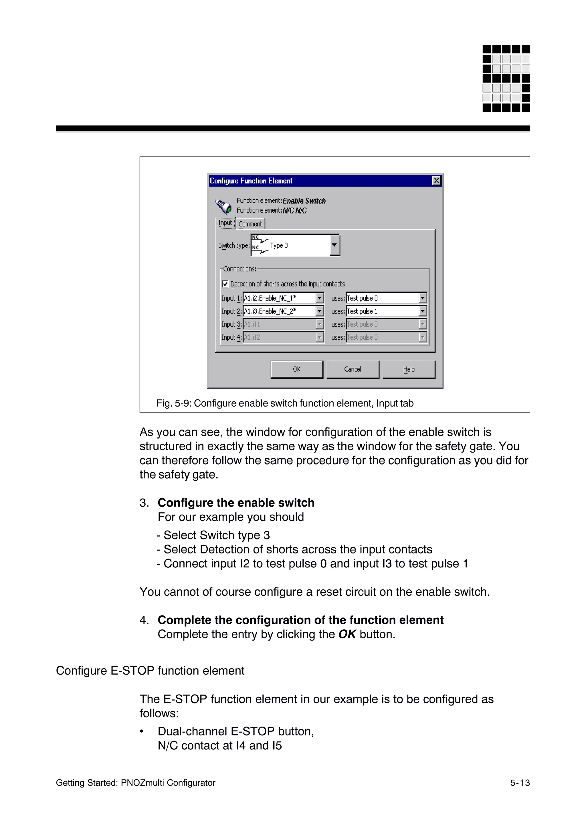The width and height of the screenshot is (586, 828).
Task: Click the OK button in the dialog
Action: [296, 369]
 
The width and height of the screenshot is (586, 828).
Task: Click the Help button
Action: [409, 369]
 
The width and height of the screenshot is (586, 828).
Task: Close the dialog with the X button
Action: [436, 181]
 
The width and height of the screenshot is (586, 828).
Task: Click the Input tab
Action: [225, 223]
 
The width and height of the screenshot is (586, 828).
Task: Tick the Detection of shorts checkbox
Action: [225, 284]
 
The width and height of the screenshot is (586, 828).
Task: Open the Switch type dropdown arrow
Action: [334, 245]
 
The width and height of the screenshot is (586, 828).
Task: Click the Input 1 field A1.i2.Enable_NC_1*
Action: [278, 298]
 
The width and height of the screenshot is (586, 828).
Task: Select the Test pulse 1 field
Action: [382, 311]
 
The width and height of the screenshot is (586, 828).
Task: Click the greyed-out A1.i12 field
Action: [278, 337]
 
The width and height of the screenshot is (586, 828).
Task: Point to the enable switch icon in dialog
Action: [223, 206]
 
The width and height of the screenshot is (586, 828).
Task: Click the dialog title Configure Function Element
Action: [251, 181]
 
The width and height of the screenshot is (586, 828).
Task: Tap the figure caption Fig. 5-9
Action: [284, 403]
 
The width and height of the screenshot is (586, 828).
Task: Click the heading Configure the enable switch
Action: [236, 503]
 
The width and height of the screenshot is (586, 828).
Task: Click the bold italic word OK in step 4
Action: [347, 634]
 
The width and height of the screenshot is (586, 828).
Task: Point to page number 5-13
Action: [520, 783]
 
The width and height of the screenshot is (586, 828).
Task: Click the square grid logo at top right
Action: [506, 78]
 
